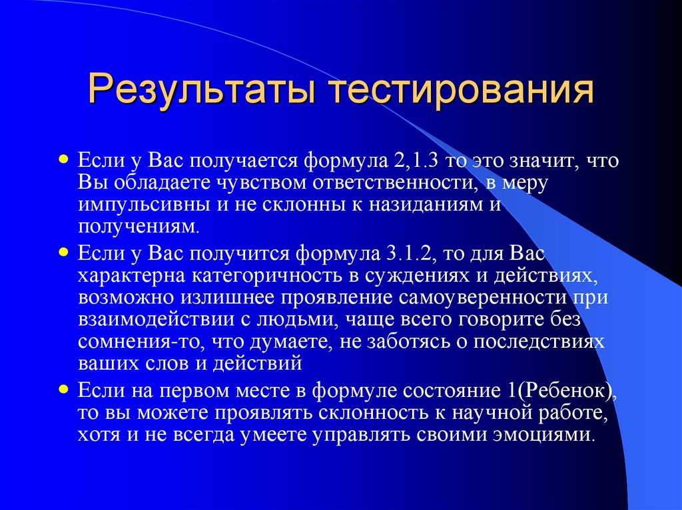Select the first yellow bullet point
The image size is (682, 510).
pos(63,142)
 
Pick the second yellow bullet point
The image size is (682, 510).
pos(63,253)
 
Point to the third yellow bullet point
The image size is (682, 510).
pos(63,386)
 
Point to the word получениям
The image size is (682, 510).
pos(138,226)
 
